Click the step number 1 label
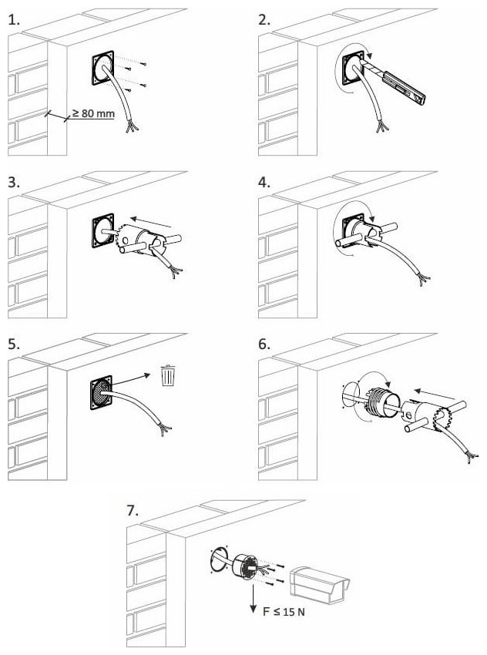point(13,19)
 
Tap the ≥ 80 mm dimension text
point(93,113)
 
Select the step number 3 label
point(14,183)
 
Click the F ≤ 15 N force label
point(284,612)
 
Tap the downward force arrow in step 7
point(253,598)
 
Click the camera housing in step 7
point(320,584)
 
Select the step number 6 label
point(264,344)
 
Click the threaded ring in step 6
point(380,403)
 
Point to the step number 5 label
point(14,344)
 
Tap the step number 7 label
point(132,510)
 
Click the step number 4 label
point(264,183)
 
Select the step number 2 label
point(264,19)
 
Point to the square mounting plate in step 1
point(102,68)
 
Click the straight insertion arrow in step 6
point(435,394)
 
